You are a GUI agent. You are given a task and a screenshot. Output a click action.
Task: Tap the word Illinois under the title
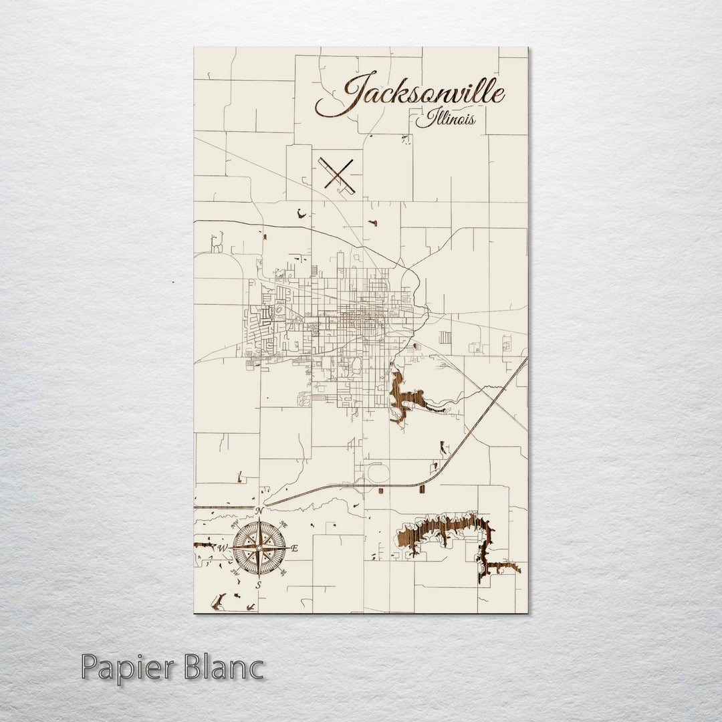445,120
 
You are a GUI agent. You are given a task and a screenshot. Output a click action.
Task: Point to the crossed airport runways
337,174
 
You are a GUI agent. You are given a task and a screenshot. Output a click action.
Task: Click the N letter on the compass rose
259,511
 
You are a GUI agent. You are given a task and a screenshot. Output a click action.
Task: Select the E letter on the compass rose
295,548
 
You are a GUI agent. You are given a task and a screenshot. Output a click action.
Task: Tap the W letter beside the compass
223,548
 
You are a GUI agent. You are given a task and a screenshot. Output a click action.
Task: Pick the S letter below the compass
259,585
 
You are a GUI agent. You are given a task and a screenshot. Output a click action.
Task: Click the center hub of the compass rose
259,548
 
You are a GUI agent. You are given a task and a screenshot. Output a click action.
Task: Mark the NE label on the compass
283,524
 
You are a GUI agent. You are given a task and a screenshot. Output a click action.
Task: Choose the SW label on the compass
235,572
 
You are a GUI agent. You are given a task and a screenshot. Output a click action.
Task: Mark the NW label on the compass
235,525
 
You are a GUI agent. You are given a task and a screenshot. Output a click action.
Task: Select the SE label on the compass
283,572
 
